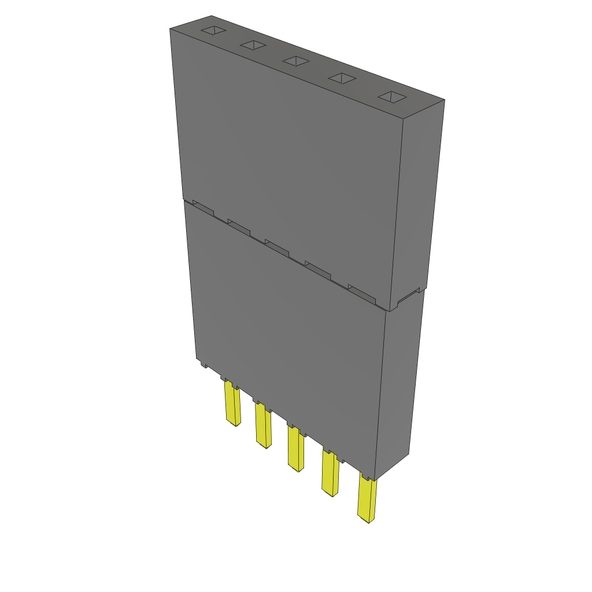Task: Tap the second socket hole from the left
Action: tap(253, 45)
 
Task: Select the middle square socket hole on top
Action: tap(295, 61)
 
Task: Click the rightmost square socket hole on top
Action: tap(393, 97)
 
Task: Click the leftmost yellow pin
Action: tap(232, 405)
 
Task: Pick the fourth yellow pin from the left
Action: tap(330, 474)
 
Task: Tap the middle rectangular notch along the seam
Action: tap(277, 247)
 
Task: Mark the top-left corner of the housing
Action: tap(170, 29)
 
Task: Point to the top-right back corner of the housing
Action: tap(445, 99)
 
